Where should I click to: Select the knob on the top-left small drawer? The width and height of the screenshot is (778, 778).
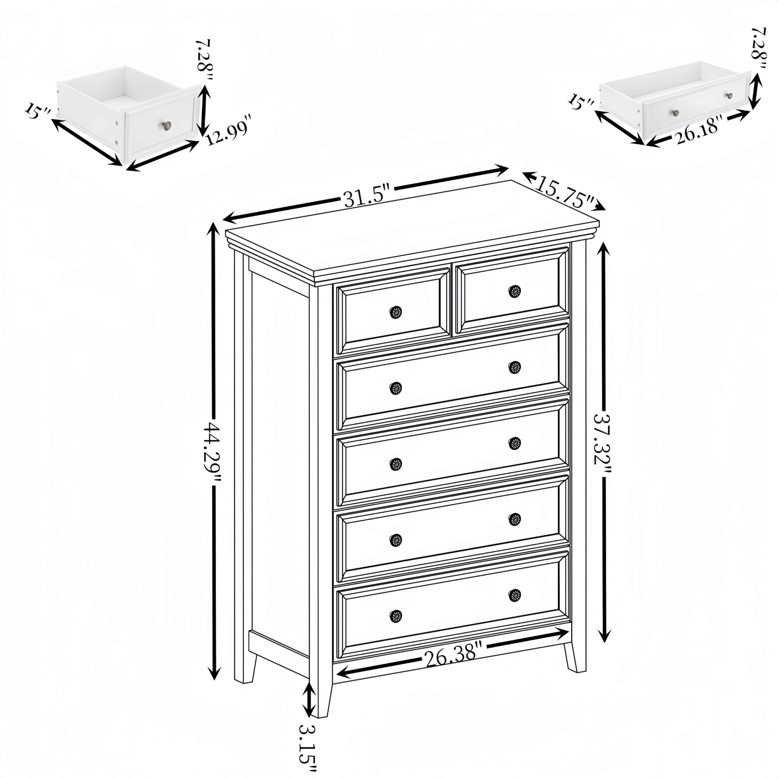[396, 312]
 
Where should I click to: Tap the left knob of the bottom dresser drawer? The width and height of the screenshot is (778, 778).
[396, 616]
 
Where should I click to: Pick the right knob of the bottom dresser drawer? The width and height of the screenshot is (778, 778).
[514, 595]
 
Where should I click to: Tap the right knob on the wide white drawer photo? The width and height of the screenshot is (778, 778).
[729, 96]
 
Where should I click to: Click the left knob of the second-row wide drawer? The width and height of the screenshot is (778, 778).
[396, 388]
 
